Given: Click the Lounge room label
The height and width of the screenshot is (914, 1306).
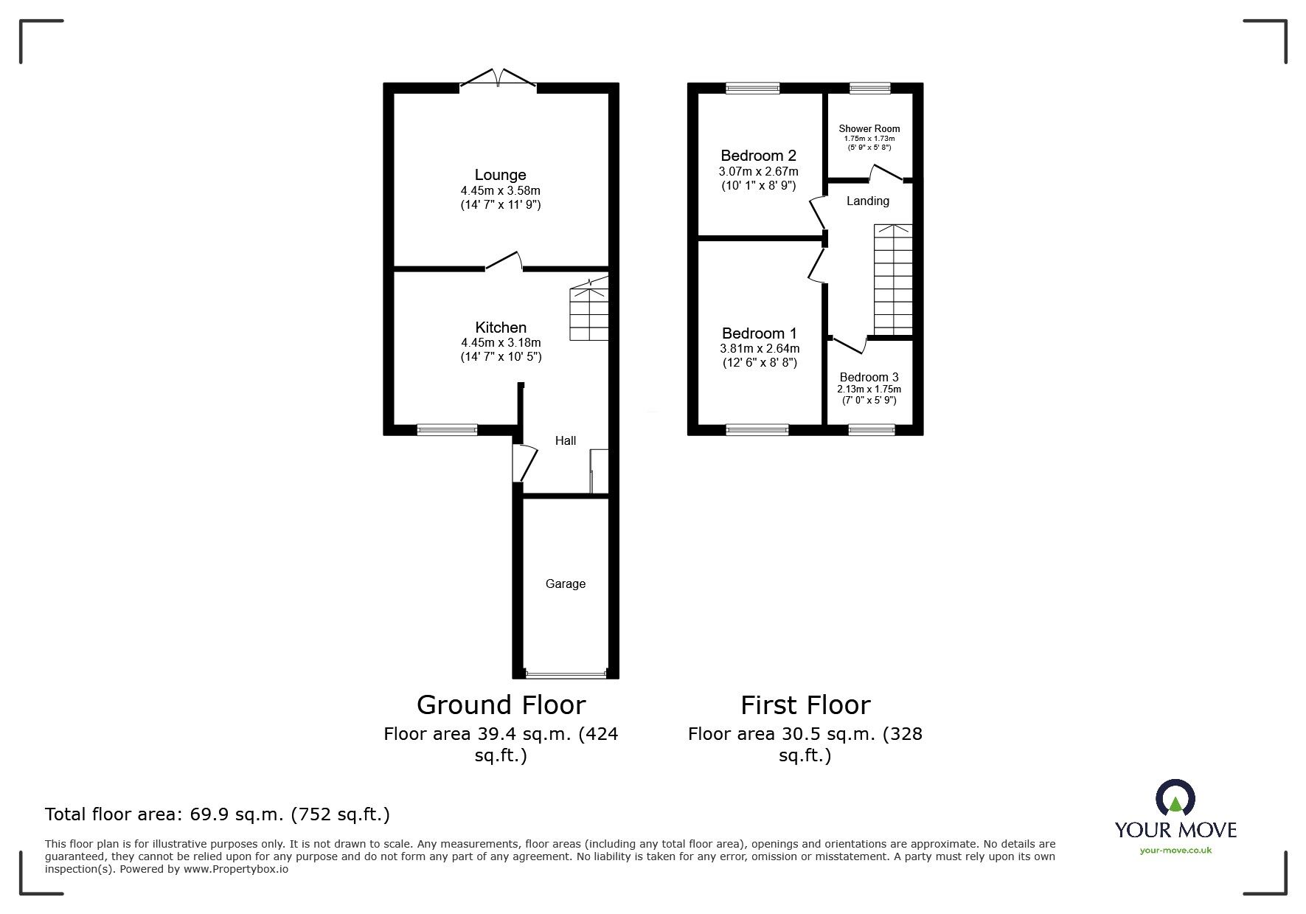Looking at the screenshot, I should click(x=500, y=175).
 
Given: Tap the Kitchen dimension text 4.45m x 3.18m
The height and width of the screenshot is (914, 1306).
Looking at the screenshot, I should click(x=501, y=342).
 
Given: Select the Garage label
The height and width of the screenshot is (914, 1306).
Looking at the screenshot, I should click(x=565, y=584).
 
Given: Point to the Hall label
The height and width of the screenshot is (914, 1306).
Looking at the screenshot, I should click(x=565, y=440).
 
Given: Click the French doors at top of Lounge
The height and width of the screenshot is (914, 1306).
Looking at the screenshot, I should click(x=499, y=79).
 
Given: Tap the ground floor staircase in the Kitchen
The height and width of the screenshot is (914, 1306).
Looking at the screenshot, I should click(x=589, y=313).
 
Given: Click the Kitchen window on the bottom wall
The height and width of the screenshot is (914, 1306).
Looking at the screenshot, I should click(x=447, y=429).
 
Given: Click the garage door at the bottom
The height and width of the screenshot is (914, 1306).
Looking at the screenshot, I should click(x=566, y=674).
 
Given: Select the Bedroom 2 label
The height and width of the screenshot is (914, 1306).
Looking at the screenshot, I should click(x=758, y=156).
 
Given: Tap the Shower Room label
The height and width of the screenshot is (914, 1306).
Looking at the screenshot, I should click(x=869, y=128).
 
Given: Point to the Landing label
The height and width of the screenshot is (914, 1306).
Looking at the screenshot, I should click(x=867, y=201).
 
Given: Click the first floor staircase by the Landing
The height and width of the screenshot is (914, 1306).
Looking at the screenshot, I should click(x=893, y=280).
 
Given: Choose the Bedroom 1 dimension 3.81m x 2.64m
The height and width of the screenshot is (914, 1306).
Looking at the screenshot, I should click(x=759, y=349).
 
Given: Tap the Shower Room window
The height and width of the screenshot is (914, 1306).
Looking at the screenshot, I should click(x=869, y=88).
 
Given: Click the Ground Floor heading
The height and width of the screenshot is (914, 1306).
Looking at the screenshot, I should click(x=501, y=704).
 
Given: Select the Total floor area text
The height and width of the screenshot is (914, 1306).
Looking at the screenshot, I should click(x=218, y=814).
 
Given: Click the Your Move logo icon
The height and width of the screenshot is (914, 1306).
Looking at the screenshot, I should click(x=1175, y=800).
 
